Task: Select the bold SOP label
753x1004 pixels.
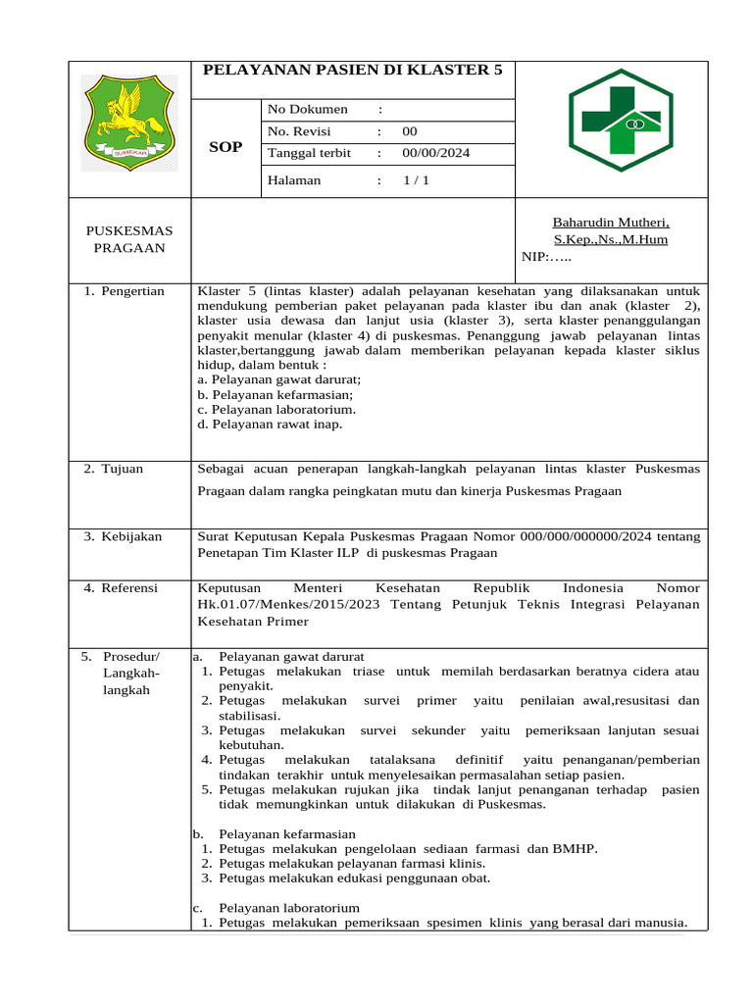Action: [x=226, y=147]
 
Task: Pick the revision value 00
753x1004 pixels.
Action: [x=409, y=131]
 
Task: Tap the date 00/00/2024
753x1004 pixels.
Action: [x=435, y=154]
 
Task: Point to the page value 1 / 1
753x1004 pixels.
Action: [x=416, y=180]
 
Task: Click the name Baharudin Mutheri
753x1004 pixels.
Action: [x=611, y=223]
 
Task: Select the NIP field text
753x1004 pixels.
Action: [x=546, y=257]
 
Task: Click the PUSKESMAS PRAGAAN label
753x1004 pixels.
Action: [x=129, y=239]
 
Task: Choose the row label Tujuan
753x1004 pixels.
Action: [x=122, y=469]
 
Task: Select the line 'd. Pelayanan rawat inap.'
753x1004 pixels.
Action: [x=270, y=425]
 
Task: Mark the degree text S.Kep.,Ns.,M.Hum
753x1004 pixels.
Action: [x=611, y=239]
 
